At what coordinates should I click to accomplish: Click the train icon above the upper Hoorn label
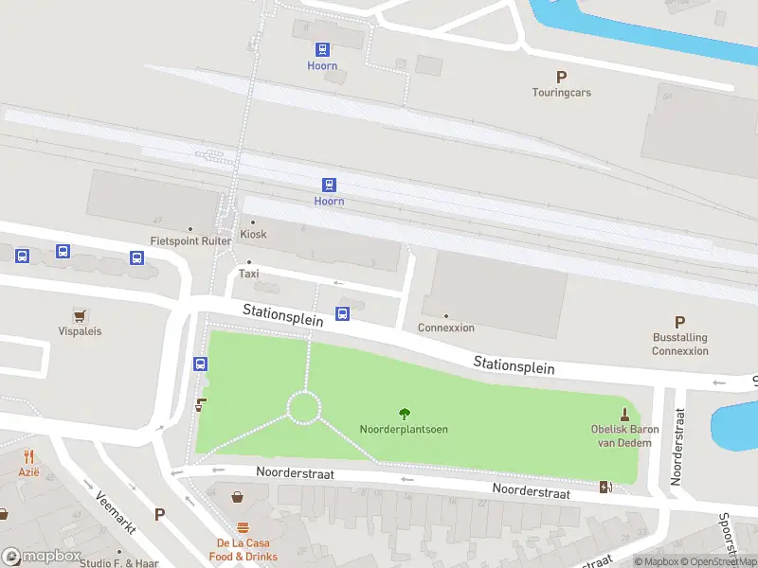pos(323,49)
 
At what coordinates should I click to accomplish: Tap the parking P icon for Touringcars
pos(561,77)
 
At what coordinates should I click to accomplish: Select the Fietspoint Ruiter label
pos(190,240)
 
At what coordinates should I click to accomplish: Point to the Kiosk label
pos(253,234)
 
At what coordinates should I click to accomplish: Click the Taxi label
pos(248,274)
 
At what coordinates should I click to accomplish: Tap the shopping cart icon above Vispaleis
pos(80,314)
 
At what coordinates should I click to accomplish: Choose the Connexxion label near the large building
pos(446,328)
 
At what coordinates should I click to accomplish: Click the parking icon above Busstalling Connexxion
pos(679,322)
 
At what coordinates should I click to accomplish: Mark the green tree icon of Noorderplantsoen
pos(405,413)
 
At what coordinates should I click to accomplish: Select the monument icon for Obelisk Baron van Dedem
pos(624,413)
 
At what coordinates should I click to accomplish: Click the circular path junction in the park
pos(304,408)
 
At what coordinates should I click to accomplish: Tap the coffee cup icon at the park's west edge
pos(201,405)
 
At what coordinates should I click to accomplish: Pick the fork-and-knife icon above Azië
pos(28,455)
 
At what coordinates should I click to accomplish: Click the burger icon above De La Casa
pos(244,528)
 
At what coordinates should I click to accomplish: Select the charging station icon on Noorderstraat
pos(605,487)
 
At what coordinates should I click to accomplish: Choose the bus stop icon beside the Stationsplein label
pos(343,314)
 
